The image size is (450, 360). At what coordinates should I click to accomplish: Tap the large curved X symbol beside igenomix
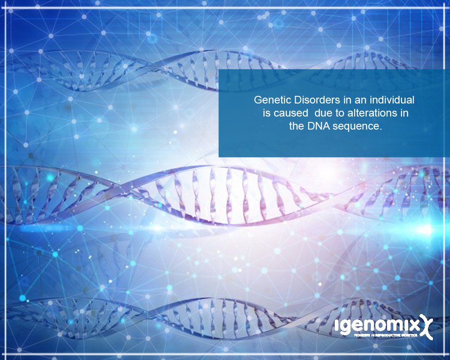(424, 326)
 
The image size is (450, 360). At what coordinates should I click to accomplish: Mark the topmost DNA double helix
(135, 67)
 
